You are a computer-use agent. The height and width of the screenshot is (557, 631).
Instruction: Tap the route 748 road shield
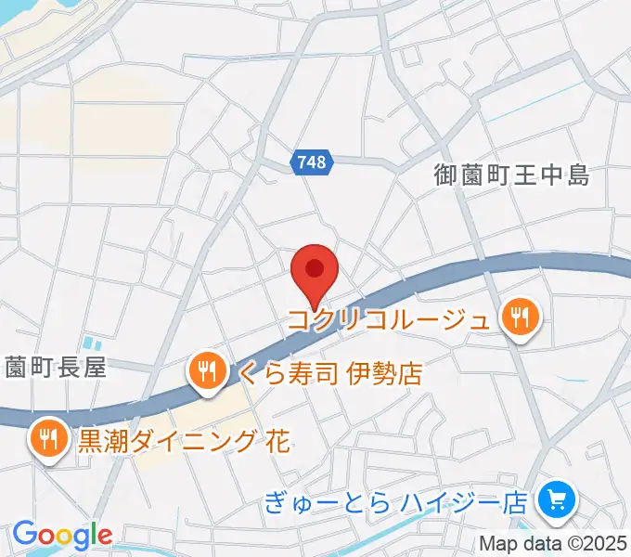(312, 162)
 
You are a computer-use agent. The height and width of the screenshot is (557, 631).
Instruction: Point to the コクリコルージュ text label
(389, 321)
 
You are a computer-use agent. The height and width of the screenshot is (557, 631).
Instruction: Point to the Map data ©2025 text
(553, 544)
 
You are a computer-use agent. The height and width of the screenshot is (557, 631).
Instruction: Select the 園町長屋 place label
(56, 368)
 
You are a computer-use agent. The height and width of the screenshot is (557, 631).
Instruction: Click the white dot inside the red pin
(314, 269)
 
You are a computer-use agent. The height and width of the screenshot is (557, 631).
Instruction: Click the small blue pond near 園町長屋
(88, 343)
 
